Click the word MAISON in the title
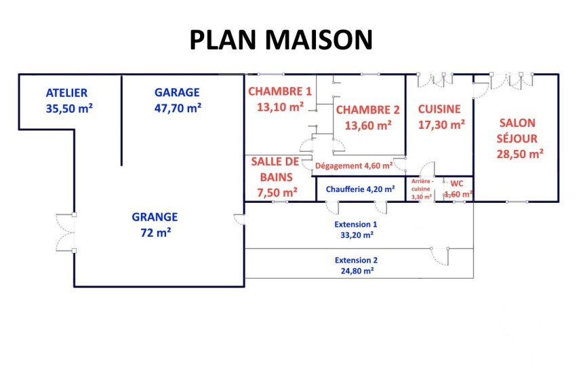tap(318, 39)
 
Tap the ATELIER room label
tap(66, 93)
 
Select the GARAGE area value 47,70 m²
tap(178, 108)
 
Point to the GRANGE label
tap(155, 217)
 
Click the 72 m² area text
tap(155, 233)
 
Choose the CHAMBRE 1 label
tap(280, 91)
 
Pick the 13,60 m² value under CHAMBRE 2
tap(367, 125)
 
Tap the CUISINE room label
tap(439, 109)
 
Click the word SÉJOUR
tap(517, 138)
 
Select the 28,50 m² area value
tap(520, 153)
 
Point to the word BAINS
tap(277, 177)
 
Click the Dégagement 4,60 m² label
tap(354, 166)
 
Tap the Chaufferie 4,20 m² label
tap(360, 189)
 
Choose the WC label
tap(457, 183)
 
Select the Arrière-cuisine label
tap(422, 185)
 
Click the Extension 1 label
tap(356, 225)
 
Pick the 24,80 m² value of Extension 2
tap(357, 271)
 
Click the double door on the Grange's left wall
tap(66, 233)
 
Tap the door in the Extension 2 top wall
tap(440, 256)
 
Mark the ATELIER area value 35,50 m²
tap(69, 109)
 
